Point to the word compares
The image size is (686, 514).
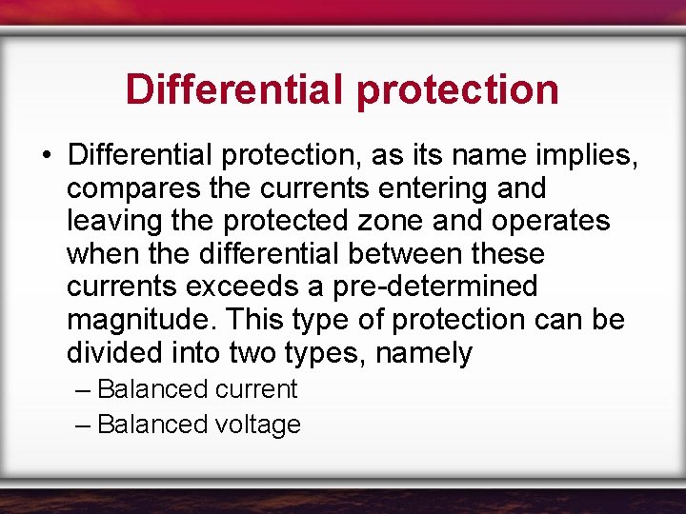134,188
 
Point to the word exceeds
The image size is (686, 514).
249,286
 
